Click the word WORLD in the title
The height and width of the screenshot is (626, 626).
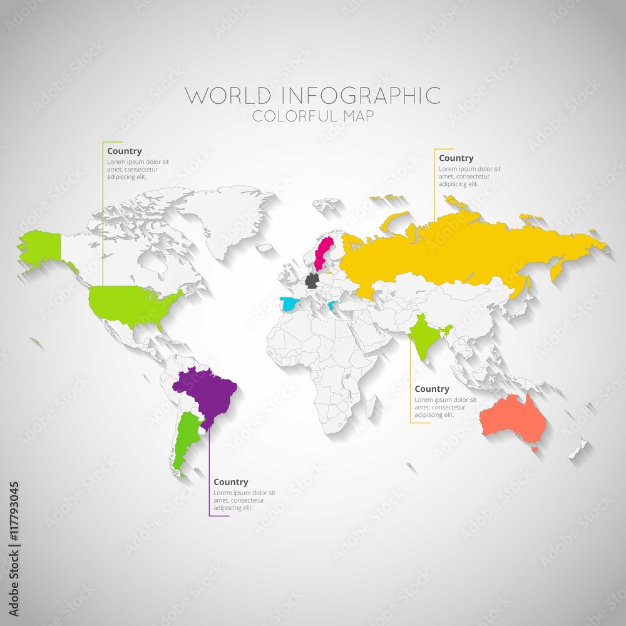(x=228, y=96)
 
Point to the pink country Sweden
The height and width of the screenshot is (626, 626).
(x=325, y=252)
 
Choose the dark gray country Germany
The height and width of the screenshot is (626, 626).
(x=312, y=280)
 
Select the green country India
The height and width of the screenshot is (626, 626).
(x=426, y=338)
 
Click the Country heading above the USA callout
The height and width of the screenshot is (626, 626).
(x=124, y=151)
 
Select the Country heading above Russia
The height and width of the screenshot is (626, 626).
(x=456, y=158)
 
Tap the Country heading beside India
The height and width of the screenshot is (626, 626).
(x=432, y=389)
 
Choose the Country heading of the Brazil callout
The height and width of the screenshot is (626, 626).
(x=230, y=482)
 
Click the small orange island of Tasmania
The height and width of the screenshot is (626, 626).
(x=534, y=449)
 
